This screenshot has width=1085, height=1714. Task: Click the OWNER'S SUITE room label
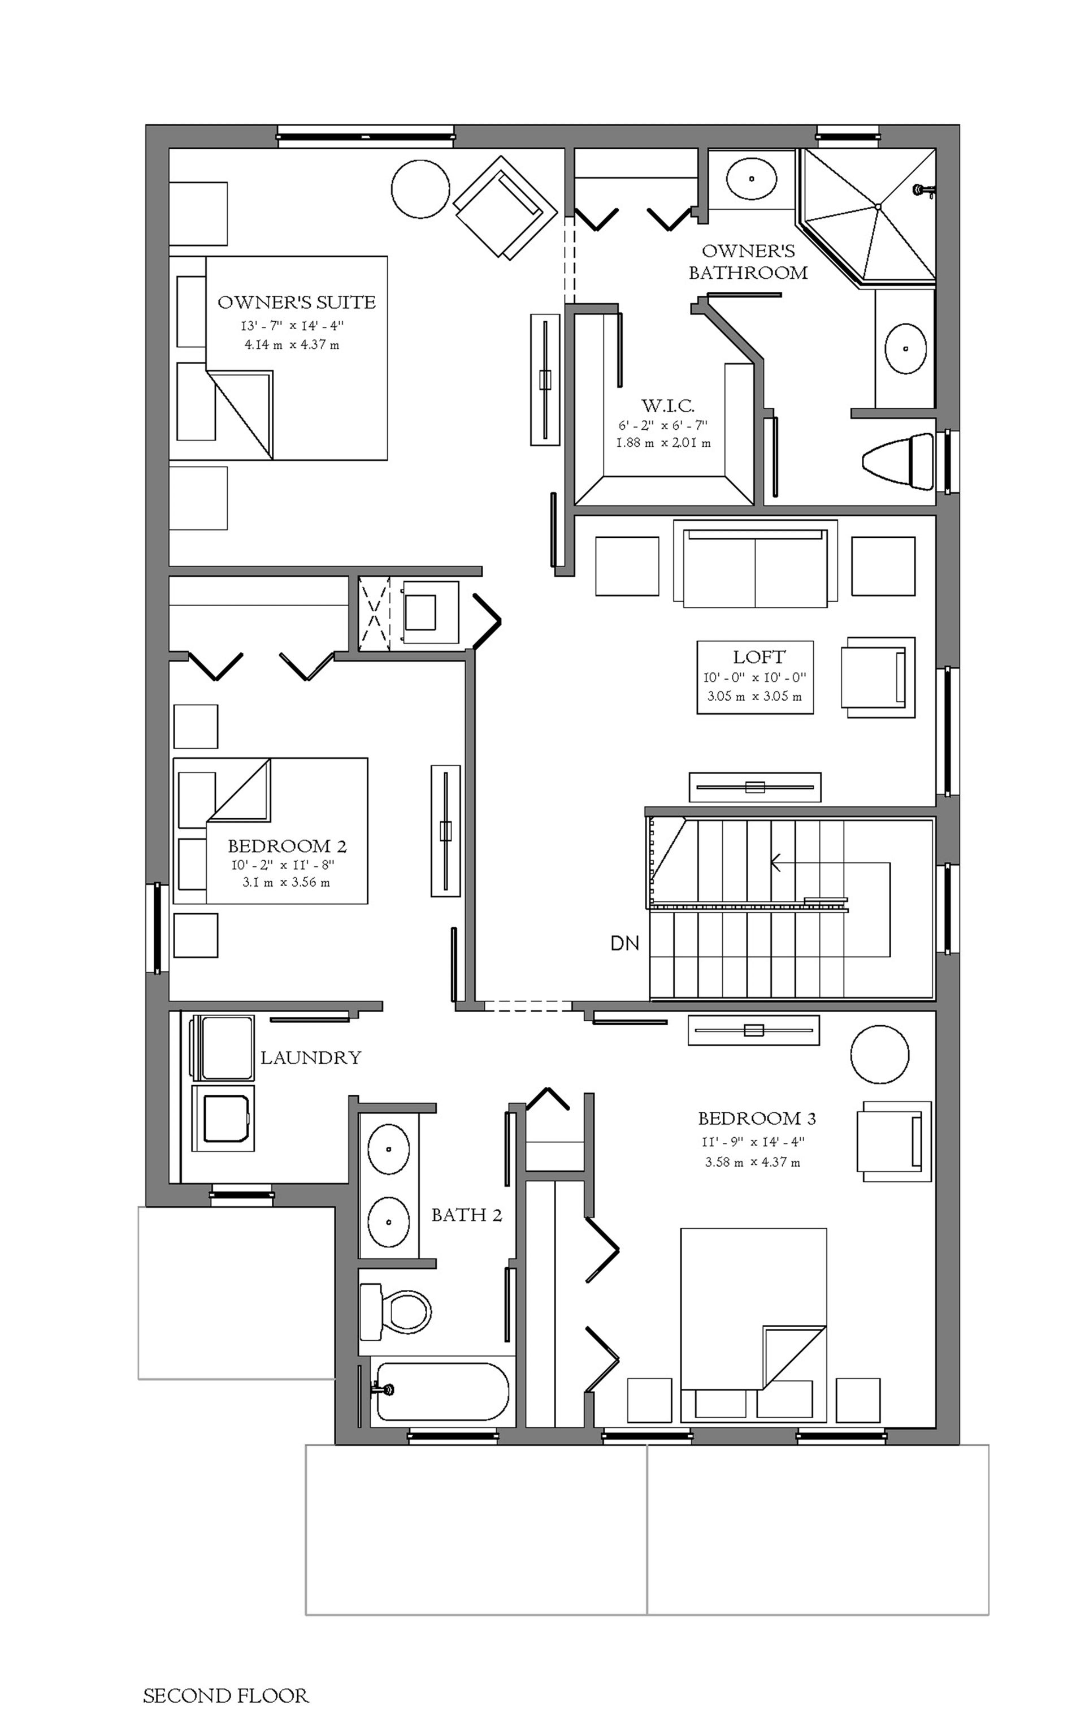(297, 303)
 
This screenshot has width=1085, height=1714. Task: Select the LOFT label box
(755, 677)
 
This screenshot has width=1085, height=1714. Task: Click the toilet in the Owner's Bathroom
(898, 461)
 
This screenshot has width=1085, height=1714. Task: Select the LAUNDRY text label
(311, 1057)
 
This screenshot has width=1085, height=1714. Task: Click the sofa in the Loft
(755, 564)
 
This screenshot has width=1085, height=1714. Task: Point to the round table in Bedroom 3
(880, 1055)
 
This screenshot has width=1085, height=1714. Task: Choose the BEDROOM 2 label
(288, 847)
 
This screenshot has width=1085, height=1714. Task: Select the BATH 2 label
(467, 1215)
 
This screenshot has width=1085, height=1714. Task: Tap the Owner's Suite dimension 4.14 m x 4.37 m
(292, 345)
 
